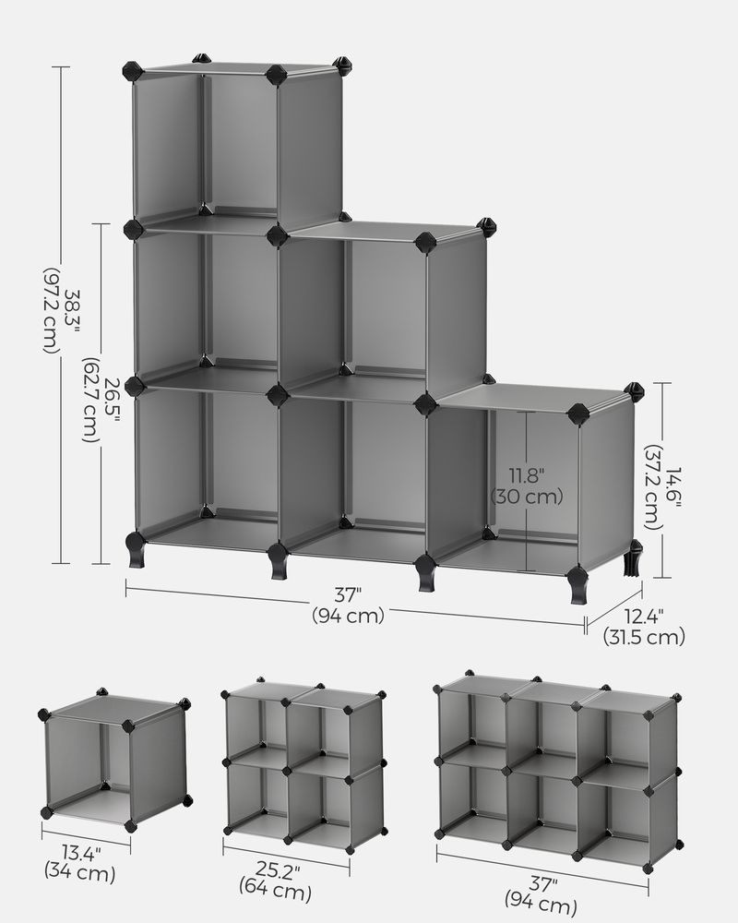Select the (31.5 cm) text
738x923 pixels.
click(x=644, y=636)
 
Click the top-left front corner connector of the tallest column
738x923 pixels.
click(x=132, y=70)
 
